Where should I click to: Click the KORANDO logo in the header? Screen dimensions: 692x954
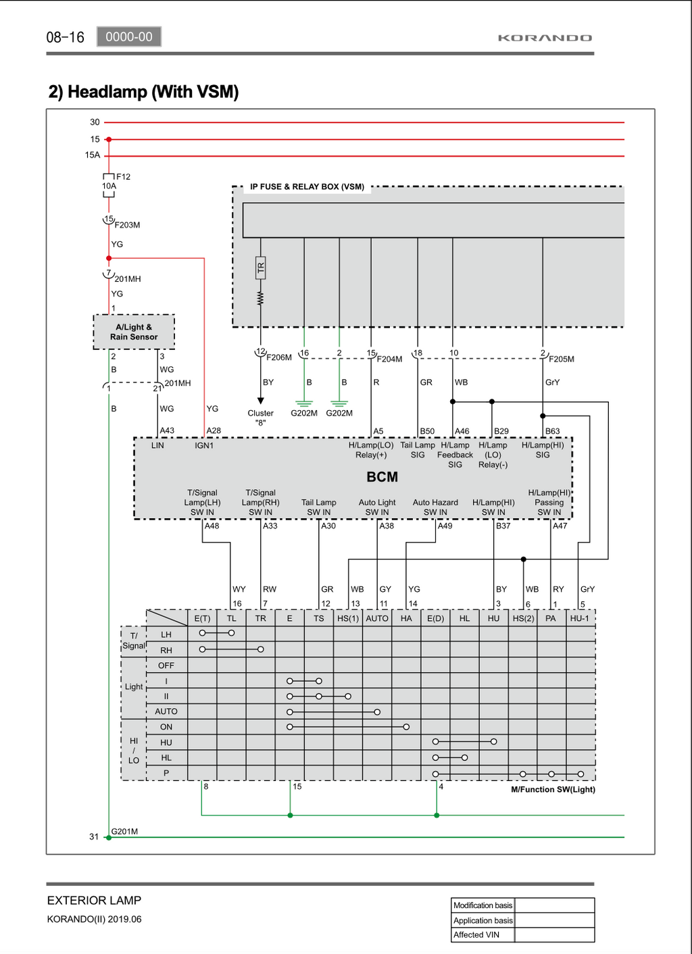coord(545,38)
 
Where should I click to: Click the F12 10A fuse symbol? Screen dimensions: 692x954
coord(109,186)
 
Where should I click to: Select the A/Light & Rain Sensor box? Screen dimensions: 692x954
coord(134,332)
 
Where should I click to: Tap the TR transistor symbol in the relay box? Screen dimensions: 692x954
coord(260,268)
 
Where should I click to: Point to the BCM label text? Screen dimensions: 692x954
coord(382,476)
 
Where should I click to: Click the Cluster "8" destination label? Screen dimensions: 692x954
coord(260,418)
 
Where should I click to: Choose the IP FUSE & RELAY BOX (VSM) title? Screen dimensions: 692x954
coord(307,186)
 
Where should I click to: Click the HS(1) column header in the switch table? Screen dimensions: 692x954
coord(348,618)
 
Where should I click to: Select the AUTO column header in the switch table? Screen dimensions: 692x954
coord(377,618)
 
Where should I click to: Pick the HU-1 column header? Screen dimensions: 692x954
coord(580,618)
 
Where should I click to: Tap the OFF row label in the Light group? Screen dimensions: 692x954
coord(166,666)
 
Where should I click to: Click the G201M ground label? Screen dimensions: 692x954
coord(124,831)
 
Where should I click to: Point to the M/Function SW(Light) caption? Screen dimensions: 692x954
coord(553,789)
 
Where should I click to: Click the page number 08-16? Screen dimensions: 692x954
coord(65,37)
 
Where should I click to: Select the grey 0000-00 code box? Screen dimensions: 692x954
coord(129,36)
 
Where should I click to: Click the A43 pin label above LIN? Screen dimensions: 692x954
coord(167,430)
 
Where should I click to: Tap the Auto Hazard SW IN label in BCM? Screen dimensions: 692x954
coord(435,507)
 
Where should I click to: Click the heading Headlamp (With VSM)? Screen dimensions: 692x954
coord(143,92)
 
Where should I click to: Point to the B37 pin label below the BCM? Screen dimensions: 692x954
coord(503,526)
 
